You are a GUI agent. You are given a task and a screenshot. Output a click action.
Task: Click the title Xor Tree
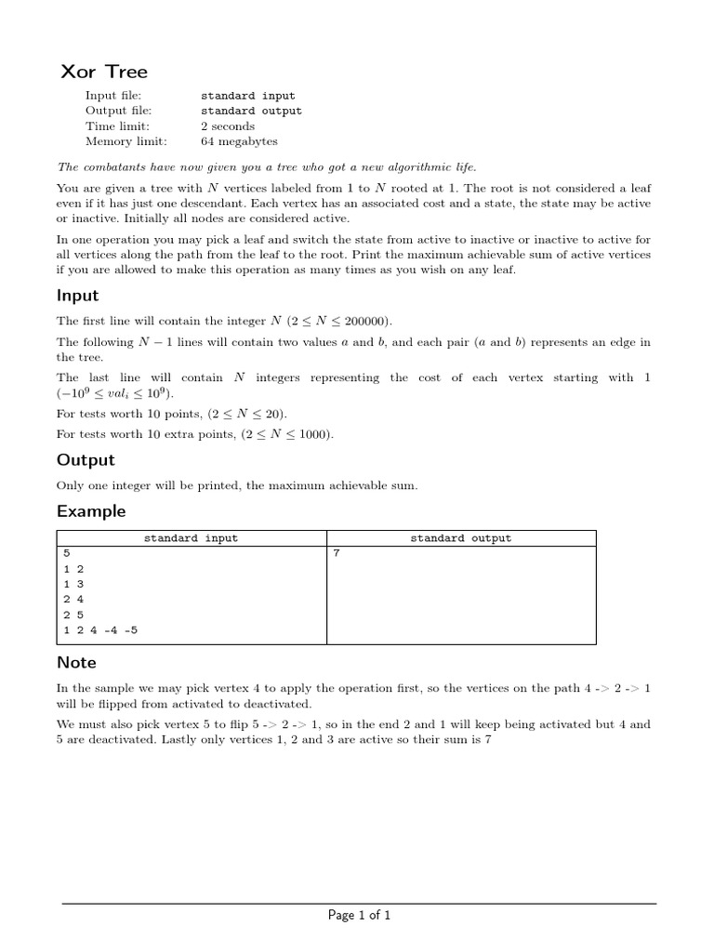pyautogui.click(x=104, y=72)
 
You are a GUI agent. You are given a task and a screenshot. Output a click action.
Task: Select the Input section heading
pyautogui.click(x=77, y=297)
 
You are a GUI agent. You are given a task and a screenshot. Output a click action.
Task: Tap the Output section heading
pyautogui.click(x=86, y=460)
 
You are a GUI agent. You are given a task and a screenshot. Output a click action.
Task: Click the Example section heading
pyautogui.click(x=91, y=511)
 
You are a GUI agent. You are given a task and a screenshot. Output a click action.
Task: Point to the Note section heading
pyautogui.click(x=76, y=663)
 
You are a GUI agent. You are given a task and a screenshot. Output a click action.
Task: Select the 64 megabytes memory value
pyautogui.click(x=239, y=142)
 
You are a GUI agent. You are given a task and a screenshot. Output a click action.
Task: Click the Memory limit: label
pyautogui.click(x=126, y=142)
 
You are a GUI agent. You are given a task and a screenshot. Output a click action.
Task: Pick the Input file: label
pyautogui.click(x=113, y=95)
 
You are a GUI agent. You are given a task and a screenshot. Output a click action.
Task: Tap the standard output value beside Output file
pyautogui.click(x=251, y=111)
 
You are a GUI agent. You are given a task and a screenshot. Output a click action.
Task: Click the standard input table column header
pyautogui.click(x=191, y=538)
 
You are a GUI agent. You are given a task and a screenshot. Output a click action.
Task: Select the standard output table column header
pyautogui.click(x=460, y=538)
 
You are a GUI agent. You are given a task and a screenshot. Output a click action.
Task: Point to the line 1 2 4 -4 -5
pyautogui.click(x=102, y=630)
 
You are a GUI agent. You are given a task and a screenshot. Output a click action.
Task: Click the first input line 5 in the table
pyautogui.click(x=66, y=553)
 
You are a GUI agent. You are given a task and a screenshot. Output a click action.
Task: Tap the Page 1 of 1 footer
pyautogui.click(x=359, y=916)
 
